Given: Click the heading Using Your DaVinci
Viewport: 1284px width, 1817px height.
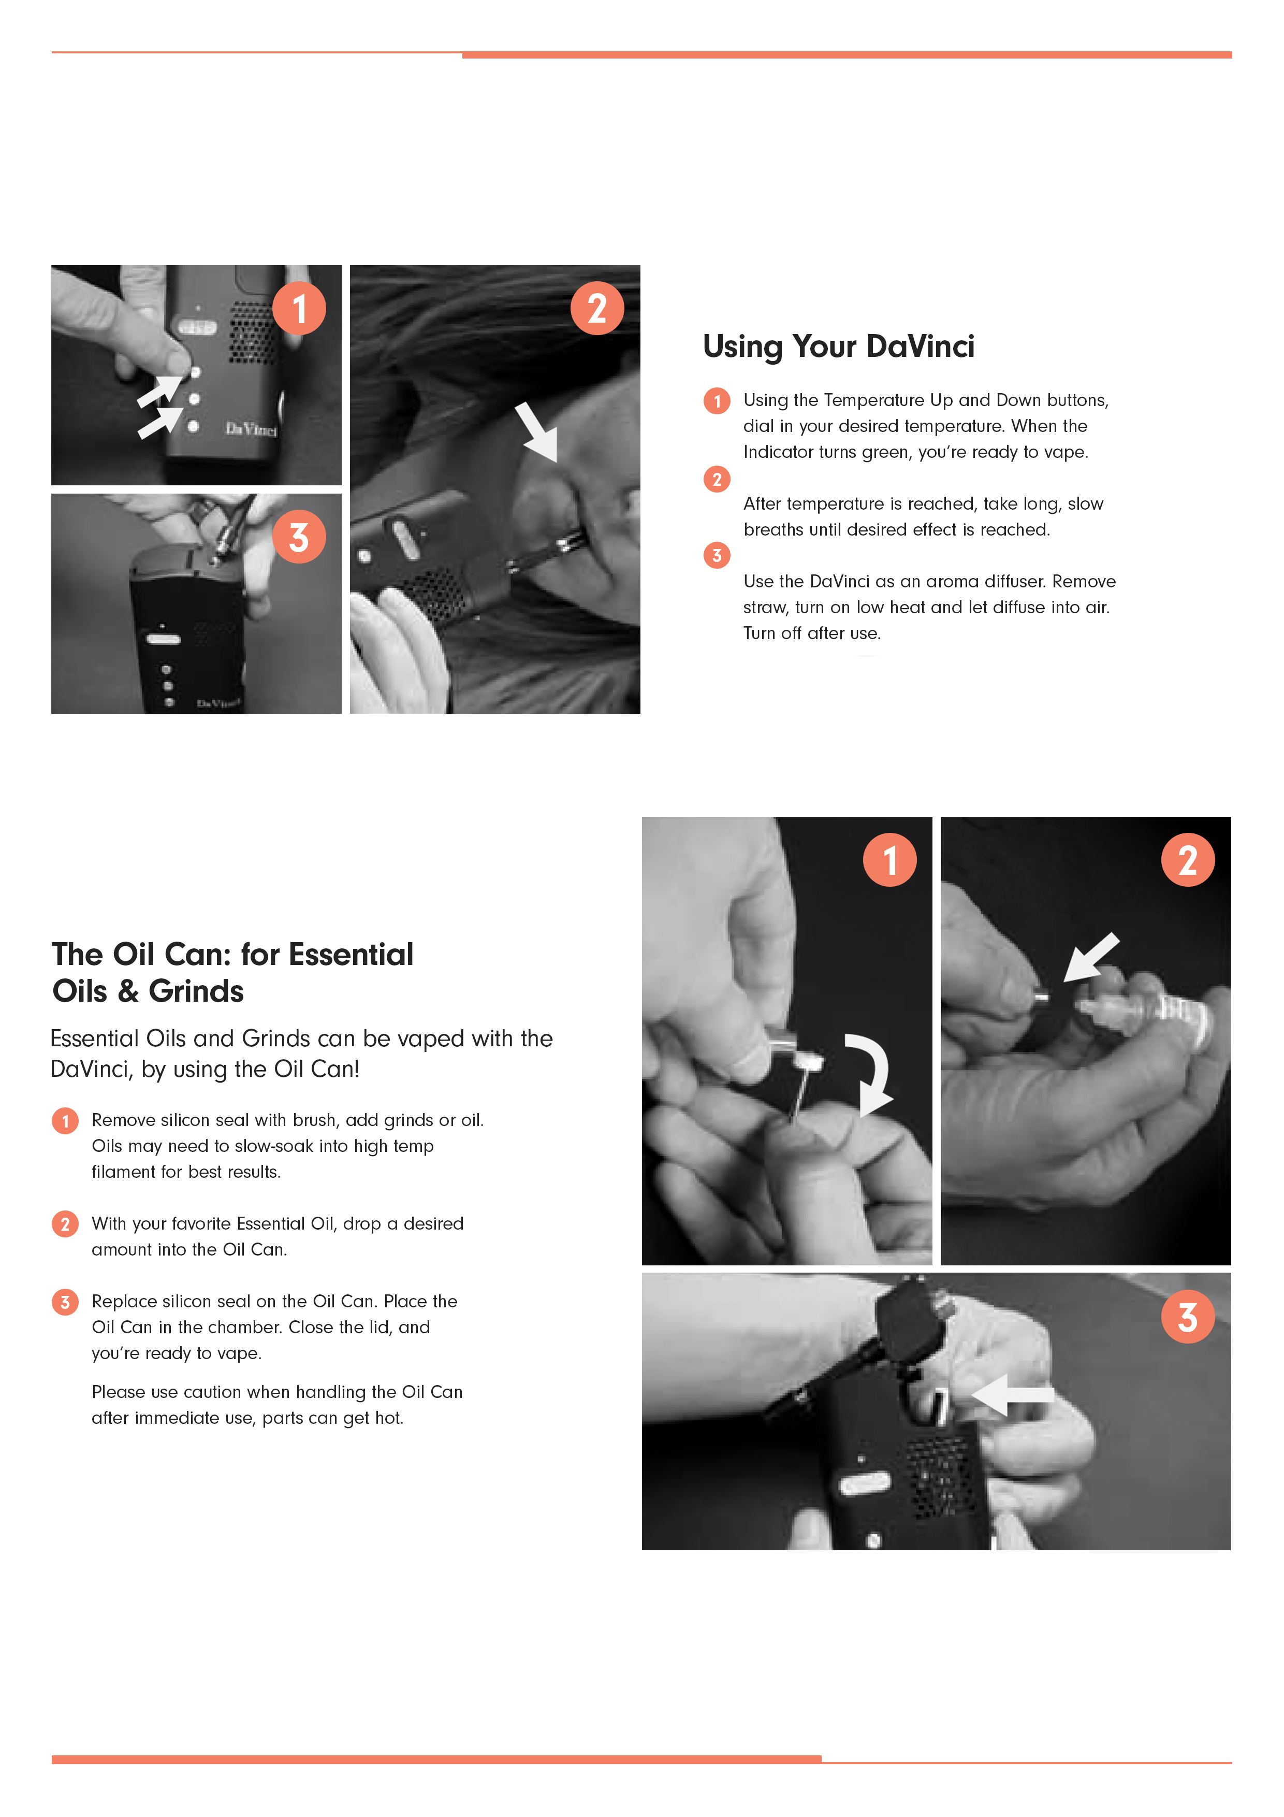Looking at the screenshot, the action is click(x=839, y=347).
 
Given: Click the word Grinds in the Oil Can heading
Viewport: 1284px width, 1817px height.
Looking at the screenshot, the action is click(x=196, y=991).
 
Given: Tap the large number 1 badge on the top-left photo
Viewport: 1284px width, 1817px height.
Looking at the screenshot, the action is click(x=299, y=308).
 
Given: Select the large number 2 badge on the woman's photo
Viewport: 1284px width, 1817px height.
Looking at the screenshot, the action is click(x=597, y=308).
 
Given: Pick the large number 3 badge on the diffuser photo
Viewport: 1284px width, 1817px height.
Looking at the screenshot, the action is click(x=299, y=537).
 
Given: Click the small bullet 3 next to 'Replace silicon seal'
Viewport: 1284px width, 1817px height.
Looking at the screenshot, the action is click(x=65, y=1302).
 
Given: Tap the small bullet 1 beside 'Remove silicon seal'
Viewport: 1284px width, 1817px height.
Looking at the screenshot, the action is click(x=65, y=1120).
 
